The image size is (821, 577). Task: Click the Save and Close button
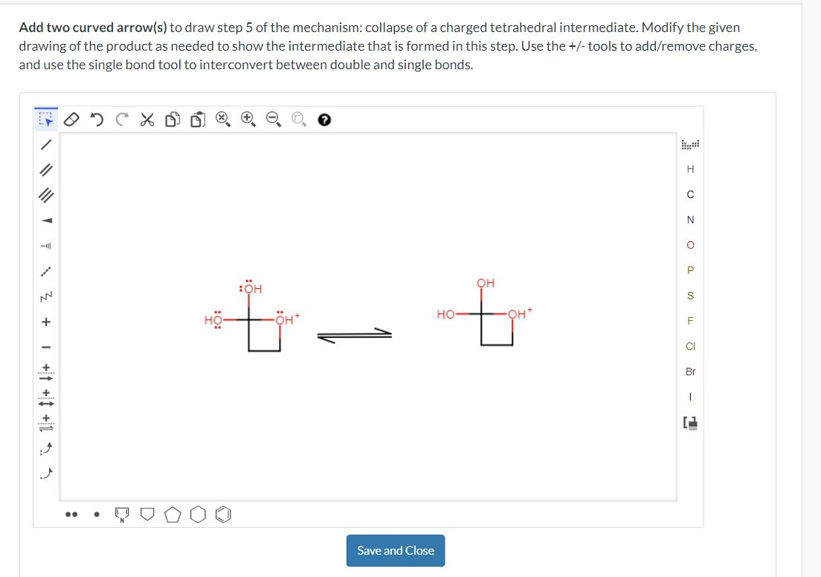[x=395, y=550]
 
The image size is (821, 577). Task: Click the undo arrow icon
[x=97, y=119]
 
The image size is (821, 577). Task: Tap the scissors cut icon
[x=147, y=119]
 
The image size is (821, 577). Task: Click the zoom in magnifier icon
[x=248, y=119]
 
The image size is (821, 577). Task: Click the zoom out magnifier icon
[x=273, y=119]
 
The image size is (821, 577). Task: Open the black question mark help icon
[x=323, y=119]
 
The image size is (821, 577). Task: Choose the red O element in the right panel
[x=690, y=245]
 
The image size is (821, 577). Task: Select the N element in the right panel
[x=690, y=220]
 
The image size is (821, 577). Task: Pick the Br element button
[x=690, y=372]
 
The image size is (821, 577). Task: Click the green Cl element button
[x=690, y=346]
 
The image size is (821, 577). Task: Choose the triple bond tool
[x=46, y=195]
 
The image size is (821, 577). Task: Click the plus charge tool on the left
[x=46, y=322]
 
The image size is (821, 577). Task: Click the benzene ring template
[x=227, y=514]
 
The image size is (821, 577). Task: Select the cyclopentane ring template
[x=173, y=514]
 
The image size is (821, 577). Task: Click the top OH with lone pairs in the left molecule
[x=251, y=288]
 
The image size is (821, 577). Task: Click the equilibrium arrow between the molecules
[x=354, y=337]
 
